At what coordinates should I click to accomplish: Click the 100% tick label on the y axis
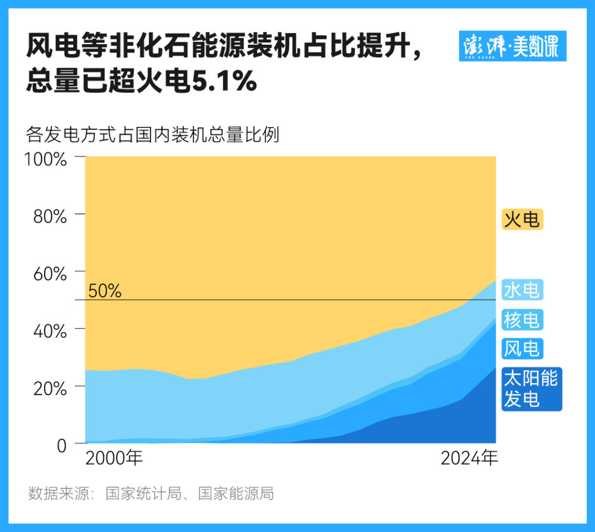(x=45, y=159)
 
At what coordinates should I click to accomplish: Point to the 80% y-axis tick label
(x=49, y=216)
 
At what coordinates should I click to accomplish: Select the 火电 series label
(x=522, y=220)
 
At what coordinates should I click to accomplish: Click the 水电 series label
(x=522, y=290)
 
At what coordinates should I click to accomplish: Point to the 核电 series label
(x=522, y=320)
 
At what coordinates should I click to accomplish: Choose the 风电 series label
(x=522, y=348)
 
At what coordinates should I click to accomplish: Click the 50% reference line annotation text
(x=105, y=291)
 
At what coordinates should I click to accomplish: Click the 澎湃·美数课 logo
(x=512, y=46)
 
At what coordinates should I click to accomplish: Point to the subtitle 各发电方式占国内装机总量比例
(x=152, y=135)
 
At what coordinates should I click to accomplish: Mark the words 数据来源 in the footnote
(x=57, y=494)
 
